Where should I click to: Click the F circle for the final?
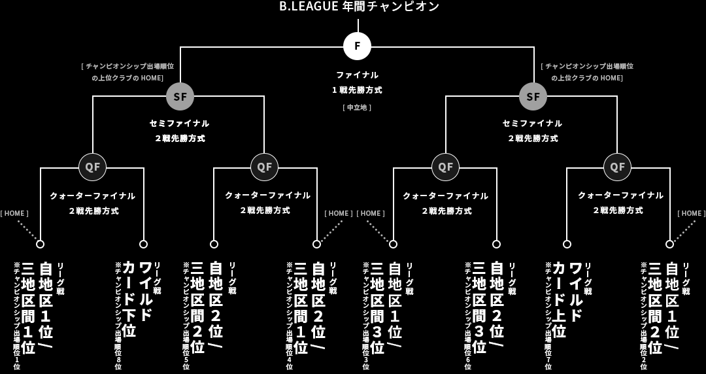(x=357, y=46)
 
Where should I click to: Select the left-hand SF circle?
(x=180, y=97)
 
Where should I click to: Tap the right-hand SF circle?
(x=533, y=97)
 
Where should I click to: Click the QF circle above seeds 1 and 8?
(x=92, y=167)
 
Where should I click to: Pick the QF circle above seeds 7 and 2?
(x=617, y=167)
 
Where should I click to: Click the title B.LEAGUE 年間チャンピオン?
(x=359, y=7)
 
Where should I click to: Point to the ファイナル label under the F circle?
(x=357, y=75)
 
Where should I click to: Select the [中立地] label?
(x=357, y=107)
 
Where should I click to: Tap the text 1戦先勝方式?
(x=357, y=90)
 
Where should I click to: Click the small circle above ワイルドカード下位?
(x=143, y=244)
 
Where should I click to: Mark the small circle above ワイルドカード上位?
(x=567, y=244)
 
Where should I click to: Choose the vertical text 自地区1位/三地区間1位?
(x=37, y=307)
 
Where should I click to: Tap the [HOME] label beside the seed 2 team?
(x=691, y=213)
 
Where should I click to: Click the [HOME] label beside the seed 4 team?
(x=339, y=213)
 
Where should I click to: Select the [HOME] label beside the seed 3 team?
(x=371, y=213)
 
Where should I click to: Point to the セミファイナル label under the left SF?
(x=179, y=123)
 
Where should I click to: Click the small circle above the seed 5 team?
(x=214, y=244)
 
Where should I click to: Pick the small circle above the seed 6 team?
(x=496, y=244)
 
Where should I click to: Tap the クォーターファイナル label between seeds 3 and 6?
(x=445, y=195)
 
